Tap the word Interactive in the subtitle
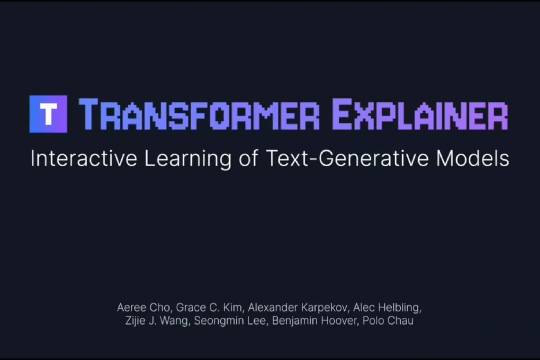[x=77, y=159]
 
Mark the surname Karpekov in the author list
[x=321, y=303]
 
